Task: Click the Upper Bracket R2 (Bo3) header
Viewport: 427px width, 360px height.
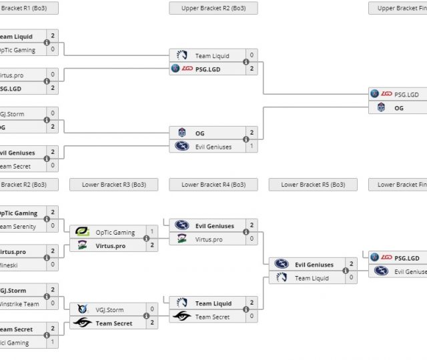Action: point(213,8)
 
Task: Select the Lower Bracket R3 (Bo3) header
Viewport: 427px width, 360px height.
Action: point(113,185)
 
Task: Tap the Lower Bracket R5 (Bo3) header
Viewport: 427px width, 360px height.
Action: point(313,185)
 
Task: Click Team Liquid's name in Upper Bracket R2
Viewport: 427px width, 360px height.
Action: point(212,56)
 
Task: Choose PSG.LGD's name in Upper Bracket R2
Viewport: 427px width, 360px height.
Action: point(208,68)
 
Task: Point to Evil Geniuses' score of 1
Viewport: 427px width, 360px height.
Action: point(252,146)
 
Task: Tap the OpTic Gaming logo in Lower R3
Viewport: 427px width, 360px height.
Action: point(83,233)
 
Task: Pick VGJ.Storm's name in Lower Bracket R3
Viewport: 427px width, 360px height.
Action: point(109,309)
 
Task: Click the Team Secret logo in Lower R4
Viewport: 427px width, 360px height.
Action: point(182,317)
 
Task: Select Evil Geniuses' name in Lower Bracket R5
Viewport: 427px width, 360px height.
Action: point(314,265)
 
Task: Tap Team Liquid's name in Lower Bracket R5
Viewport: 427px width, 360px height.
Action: point(312,278)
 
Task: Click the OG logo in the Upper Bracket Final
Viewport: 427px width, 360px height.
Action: point(381,107)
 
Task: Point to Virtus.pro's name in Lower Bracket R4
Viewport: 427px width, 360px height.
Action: point(209,239)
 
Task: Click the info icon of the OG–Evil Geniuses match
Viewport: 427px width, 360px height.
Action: point(246,139)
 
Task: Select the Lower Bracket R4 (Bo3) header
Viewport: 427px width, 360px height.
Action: point(213,185)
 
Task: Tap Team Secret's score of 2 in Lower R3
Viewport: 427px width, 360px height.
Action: point(152,323)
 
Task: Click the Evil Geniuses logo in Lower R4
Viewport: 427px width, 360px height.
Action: point(182,226)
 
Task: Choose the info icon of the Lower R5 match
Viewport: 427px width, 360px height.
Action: point(346,271)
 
